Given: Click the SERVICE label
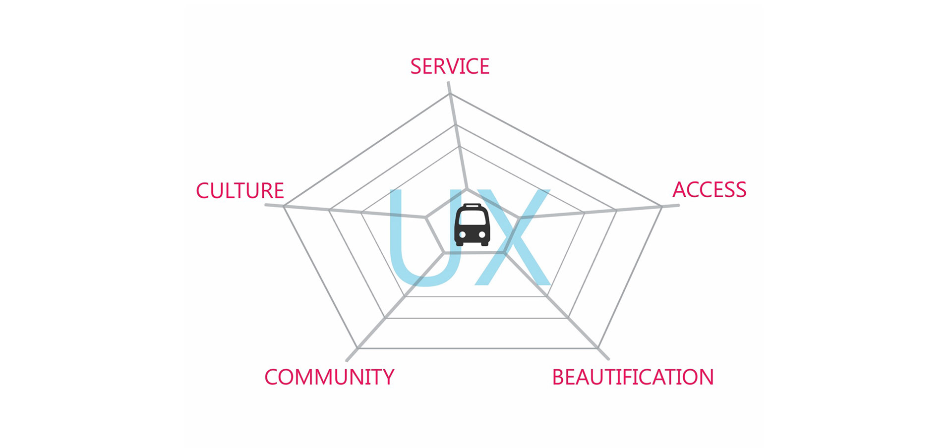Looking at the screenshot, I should pyautogui.click(x=450, y=66).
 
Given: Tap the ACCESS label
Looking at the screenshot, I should pyautogui.click(x=709, y=190).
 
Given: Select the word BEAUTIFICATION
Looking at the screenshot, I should pyautogui.click(x=633, y=377).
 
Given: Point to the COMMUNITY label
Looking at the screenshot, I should pyautogui.click(x=329, y=377).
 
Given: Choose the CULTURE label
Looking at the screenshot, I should pyautogui.click(x=240, y=191).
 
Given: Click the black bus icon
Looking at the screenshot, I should pyautogui.click(x=472, y=225).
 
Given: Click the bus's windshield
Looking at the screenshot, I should pyautogui.click(x=472, y=217).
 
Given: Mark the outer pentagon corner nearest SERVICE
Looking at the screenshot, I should pyautogui.click(x=450, y=94).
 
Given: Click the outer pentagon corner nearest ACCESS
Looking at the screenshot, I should pyautogui.click(x=661, y=207).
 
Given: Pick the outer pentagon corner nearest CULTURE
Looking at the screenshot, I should pyautogui.click(x=284, y=206).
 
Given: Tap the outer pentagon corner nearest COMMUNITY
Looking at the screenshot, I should pyautogui.click(x=357, y=348).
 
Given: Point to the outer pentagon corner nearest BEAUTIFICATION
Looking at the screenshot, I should pyautogui.click(x=598, y=348).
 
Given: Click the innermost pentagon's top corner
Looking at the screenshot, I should pyautogui.click(x=467, y=189).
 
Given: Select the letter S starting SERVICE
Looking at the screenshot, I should pyautogui.click(x=416, y=66).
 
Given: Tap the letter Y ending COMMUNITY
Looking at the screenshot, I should pyautogui.click(x=388, y=377).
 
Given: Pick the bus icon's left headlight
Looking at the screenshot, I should pyautogui.click(x=462, y=234).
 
